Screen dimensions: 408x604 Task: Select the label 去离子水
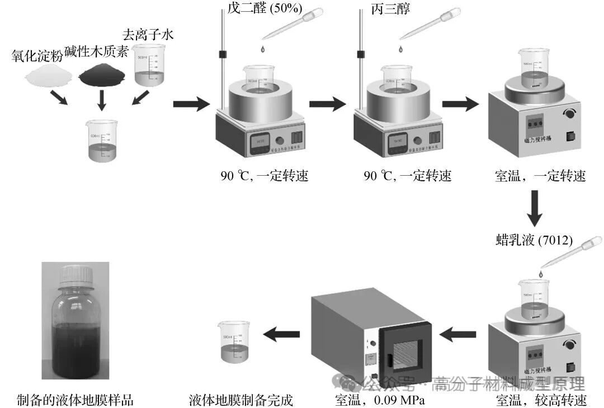[x=148, y=35]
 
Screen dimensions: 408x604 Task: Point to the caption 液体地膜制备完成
[x=241, y=400]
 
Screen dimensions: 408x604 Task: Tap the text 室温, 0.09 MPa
[x=380, y=400]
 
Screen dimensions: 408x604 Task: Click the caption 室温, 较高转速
[x=541, y=400]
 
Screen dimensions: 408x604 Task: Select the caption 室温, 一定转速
[x=541, y=176]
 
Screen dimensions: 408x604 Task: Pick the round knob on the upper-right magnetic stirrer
[x=571, y=114]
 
